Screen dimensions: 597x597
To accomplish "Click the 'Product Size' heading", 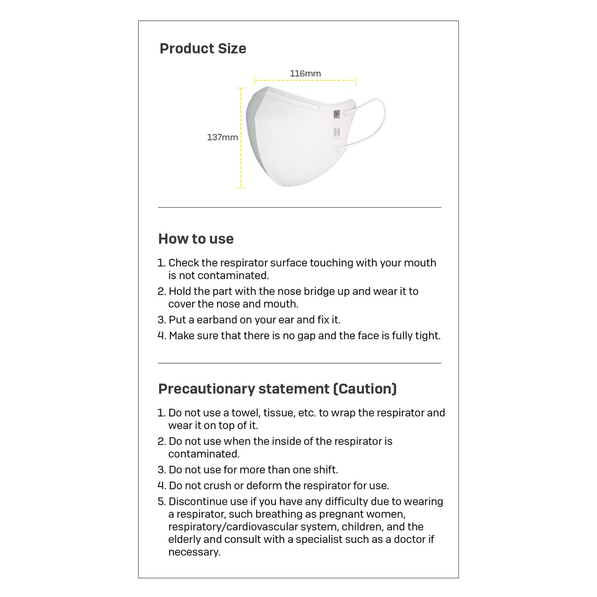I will click(203, 49).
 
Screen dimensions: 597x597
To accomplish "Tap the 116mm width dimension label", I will click(305, 73).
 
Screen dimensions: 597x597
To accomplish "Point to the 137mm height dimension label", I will click(222, 137).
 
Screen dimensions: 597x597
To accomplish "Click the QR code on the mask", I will click(336, 114).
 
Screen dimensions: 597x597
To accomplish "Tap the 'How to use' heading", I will click(196, 239).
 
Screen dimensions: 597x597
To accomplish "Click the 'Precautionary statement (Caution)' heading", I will click(277, 389).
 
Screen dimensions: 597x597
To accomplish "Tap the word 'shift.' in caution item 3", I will click(323, 470).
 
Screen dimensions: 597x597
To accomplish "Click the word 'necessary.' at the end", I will click(194, 552).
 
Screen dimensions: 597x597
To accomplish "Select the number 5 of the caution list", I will click(161, 502).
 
